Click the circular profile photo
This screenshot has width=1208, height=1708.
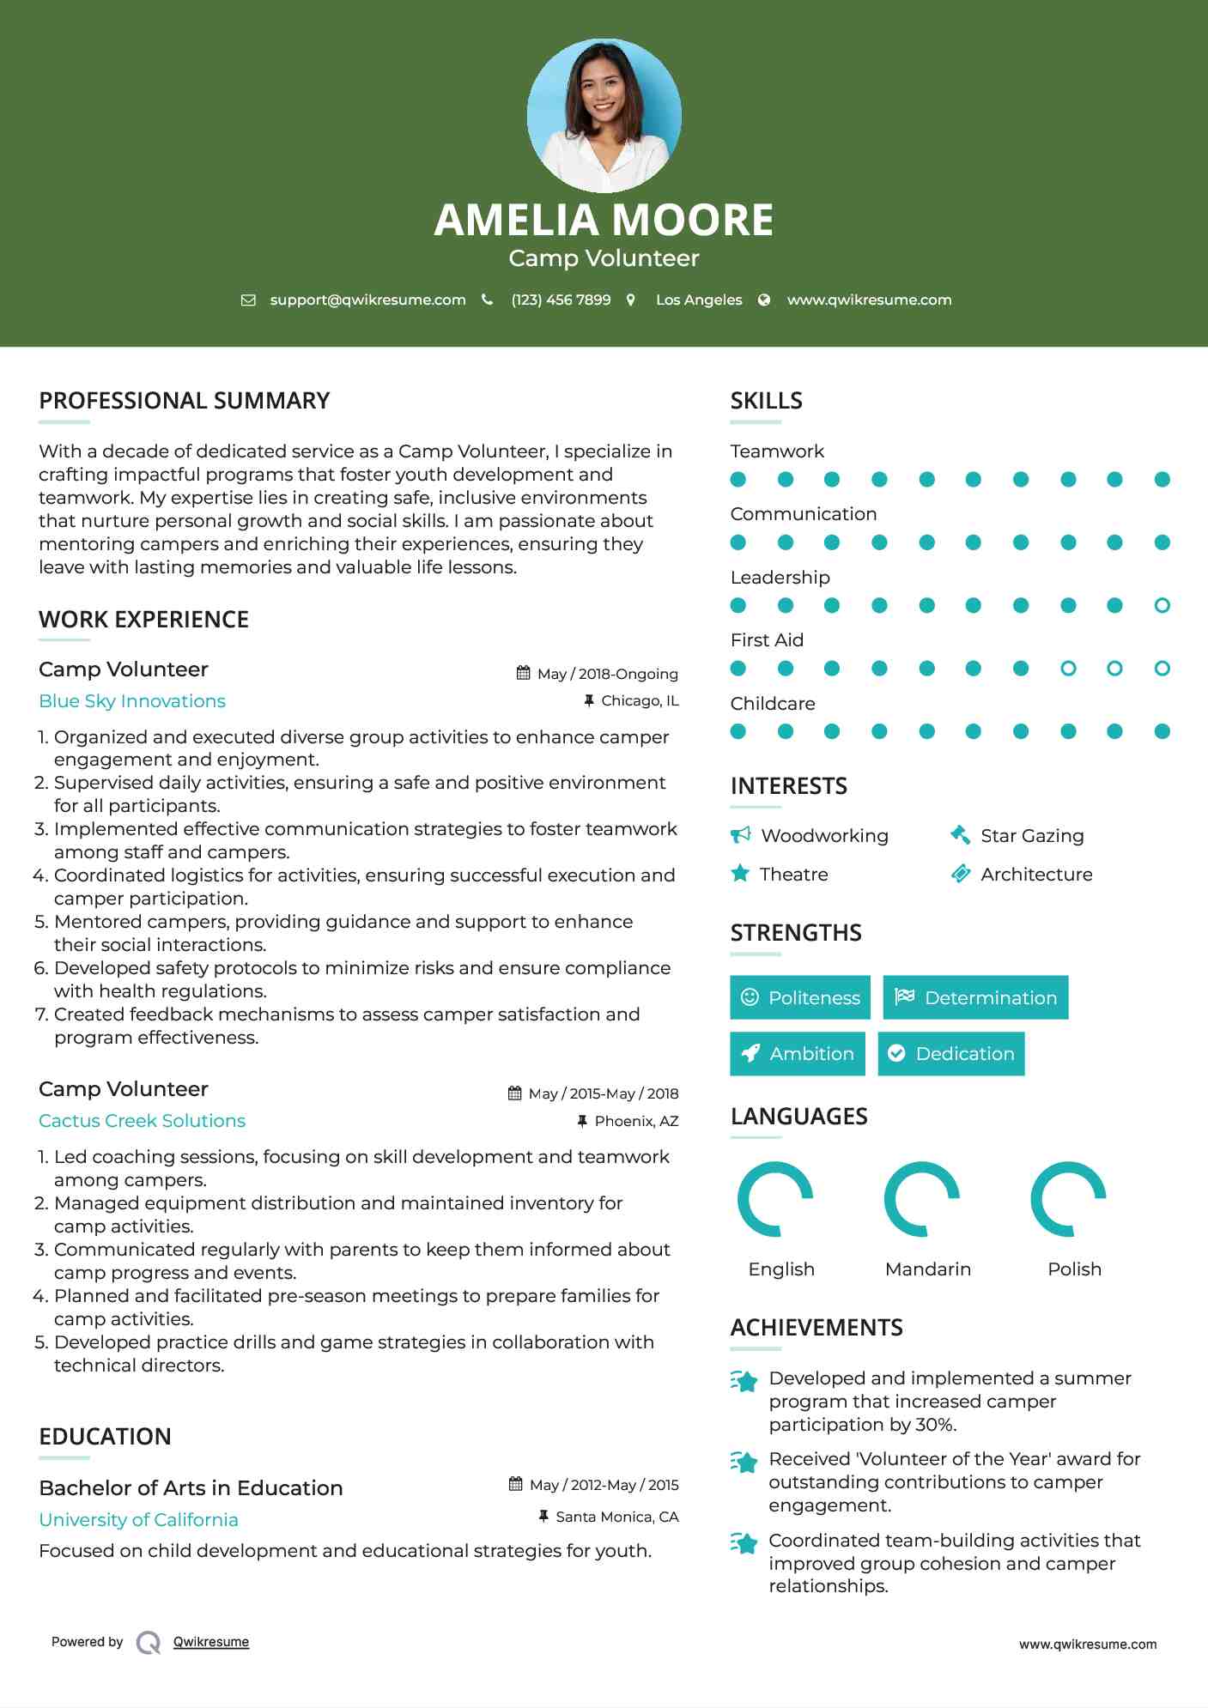[604, 115]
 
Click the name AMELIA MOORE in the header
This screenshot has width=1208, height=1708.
[604, 220]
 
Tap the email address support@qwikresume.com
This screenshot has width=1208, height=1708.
[367, 300]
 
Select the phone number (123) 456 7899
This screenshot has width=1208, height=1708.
[561, 300]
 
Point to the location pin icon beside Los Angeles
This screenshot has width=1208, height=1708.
[631, 300]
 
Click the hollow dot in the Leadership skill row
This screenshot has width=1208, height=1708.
[1162, 605]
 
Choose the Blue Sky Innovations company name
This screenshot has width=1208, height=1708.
[132, 701]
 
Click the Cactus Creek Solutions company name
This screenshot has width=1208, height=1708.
[142, 1121]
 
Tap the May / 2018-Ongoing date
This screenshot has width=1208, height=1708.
[607, 674]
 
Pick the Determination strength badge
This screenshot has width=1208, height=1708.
[975, 997]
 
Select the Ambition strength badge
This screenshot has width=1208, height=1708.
[798, 1054]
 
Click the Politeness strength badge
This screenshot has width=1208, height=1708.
[799, 997]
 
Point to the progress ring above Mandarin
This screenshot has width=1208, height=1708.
[922, 1199]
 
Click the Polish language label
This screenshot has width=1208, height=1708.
[1074, 1269]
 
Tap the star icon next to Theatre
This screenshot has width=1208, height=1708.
[740, 874]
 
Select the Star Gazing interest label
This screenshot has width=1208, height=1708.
[1032, 836]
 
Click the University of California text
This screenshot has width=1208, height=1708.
[138, 1520]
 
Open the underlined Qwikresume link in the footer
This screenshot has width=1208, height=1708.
[211, 1642]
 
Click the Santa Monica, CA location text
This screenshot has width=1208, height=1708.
[616, 1517]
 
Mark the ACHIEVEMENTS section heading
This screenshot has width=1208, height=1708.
[816, 1328]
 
